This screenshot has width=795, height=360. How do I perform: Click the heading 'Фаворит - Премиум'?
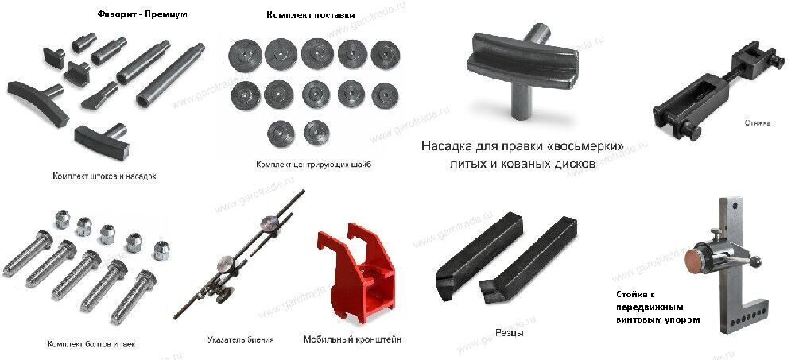[142, 15]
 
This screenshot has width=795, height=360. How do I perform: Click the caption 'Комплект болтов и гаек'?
[91, 344]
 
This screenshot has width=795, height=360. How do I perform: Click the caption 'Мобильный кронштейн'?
[352, 339]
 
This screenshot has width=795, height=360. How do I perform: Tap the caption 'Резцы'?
[509, 333]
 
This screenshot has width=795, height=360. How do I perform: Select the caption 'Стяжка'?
[757, 123]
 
